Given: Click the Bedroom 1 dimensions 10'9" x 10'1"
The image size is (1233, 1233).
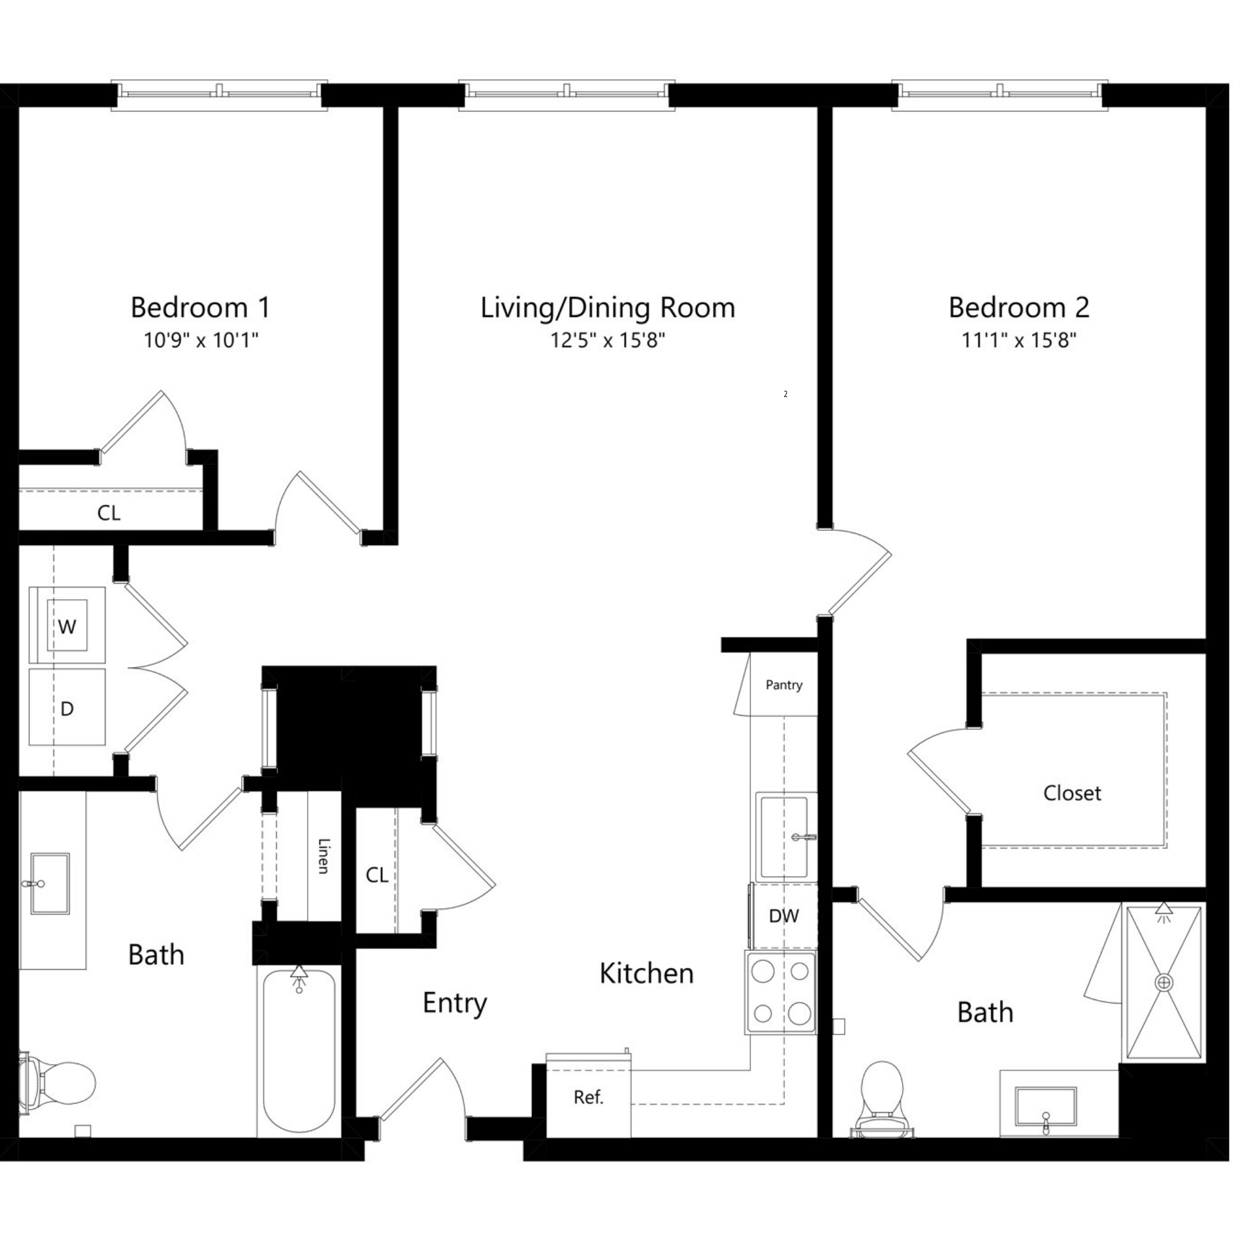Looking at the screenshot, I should (200, 340).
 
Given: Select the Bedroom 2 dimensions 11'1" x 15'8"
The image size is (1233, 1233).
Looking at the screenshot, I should (1018, 340).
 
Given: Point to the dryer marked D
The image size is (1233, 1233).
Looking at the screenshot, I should (67, 708).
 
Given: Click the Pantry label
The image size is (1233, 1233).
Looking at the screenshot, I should (784, 685).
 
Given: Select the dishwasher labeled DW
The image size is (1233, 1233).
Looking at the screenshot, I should (784, 916).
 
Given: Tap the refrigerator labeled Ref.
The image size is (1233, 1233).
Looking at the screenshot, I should (588, 1097).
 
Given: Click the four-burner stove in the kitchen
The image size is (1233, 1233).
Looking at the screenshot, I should (780, 993).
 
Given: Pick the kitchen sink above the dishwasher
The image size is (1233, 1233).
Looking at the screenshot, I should (785, 836).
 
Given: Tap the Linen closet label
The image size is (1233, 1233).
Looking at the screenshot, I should (324, 856).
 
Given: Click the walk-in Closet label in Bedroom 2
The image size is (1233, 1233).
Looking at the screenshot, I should (1072, 793).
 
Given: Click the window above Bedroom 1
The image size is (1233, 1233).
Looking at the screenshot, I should (219, 94).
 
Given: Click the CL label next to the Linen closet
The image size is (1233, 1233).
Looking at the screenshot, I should (377, 875).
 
